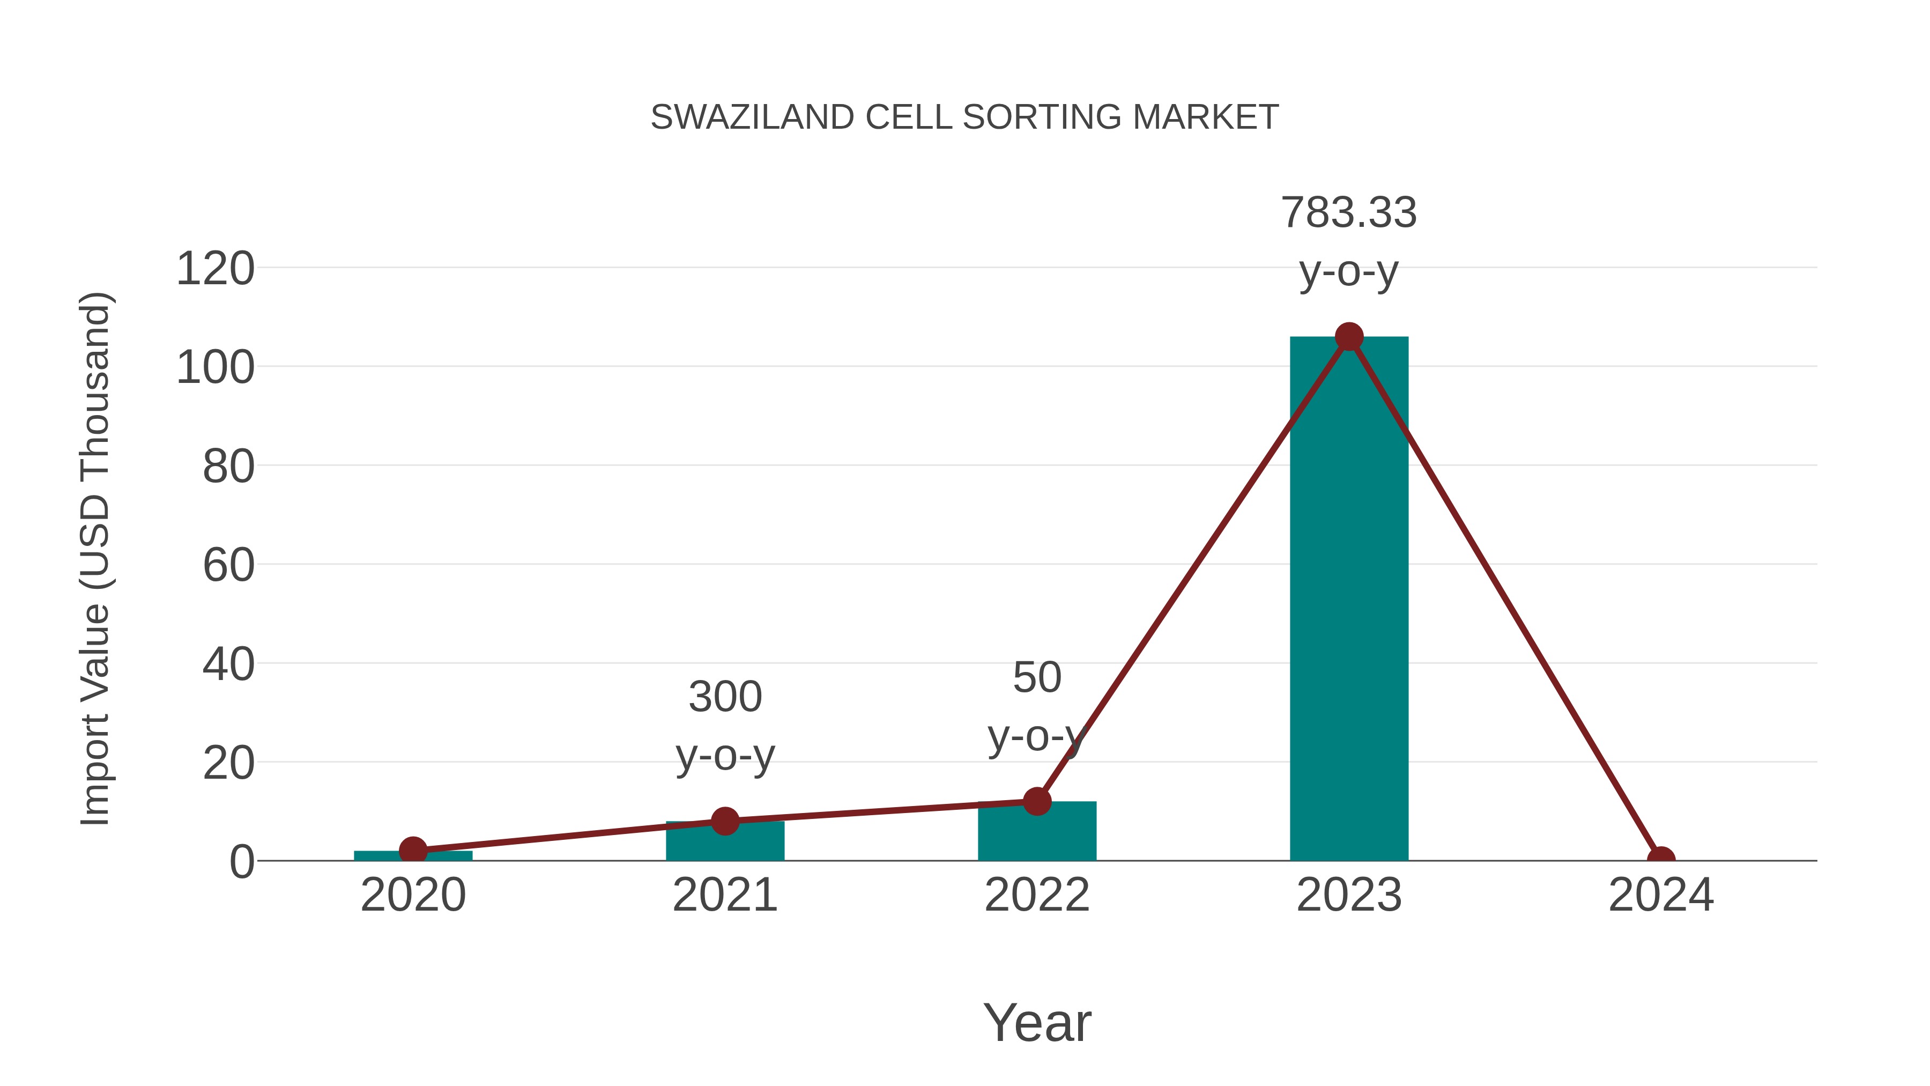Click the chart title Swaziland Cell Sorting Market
964,117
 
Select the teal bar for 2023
1349,600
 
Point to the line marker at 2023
1349,337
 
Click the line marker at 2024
1661,859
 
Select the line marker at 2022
1037,801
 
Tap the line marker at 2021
724,822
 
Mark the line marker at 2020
413,851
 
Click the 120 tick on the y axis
215,269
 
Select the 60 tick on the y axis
228,566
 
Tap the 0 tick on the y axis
242,862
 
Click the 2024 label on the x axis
1661,896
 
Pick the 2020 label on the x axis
413,896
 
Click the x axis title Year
1037,1023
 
